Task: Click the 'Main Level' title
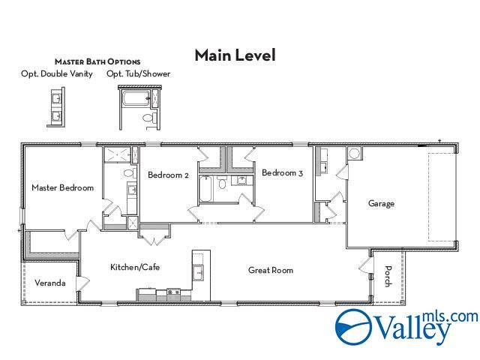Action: pos(235,55)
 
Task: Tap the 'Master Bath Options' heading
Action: pos(97,61)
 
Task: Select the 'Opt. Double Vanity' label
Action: pos(57,73)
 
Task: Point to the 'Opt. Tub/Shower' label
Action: pos(138,73)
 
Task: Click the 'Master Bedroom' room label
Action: pos(62,187)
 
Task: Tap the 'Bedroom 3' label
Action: pos(282,173)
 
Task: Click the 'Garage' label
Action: pos(381,203)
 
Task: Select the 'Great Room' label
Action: pos(271,270)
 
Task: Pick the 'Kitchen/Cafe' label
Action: pos(135,267)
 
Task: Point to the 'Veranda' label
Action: pos(50,283)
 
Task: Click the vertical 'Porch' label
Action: pos(388,277)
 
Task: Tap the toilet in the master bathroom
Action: pos(129,173)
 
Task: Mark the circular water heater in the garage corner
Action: pos(354,153)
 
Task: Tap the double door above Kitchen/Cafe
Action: pos(154,238)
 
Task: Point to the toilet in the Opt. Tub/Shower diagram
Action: pos(148,118)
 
